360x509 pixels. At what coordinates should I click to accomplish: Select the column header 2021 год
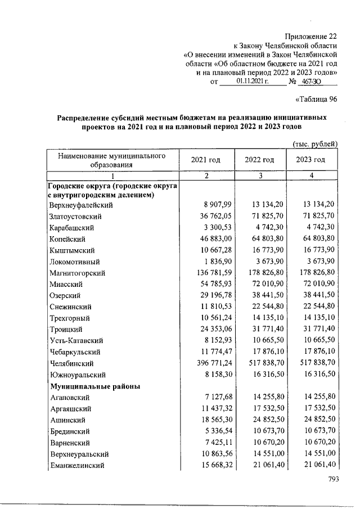point(206,159)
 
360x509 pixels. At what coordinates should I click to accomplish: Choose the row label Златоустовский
point(75,216)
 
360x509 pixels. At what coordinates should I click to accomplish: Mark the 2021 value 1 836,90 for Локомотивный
point(211,262)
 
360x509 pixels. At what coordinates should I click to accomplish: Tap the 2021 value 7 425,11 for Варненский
point(211,443)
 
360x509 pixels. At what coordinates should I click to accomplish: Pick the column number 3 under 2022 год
point(259,176)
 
